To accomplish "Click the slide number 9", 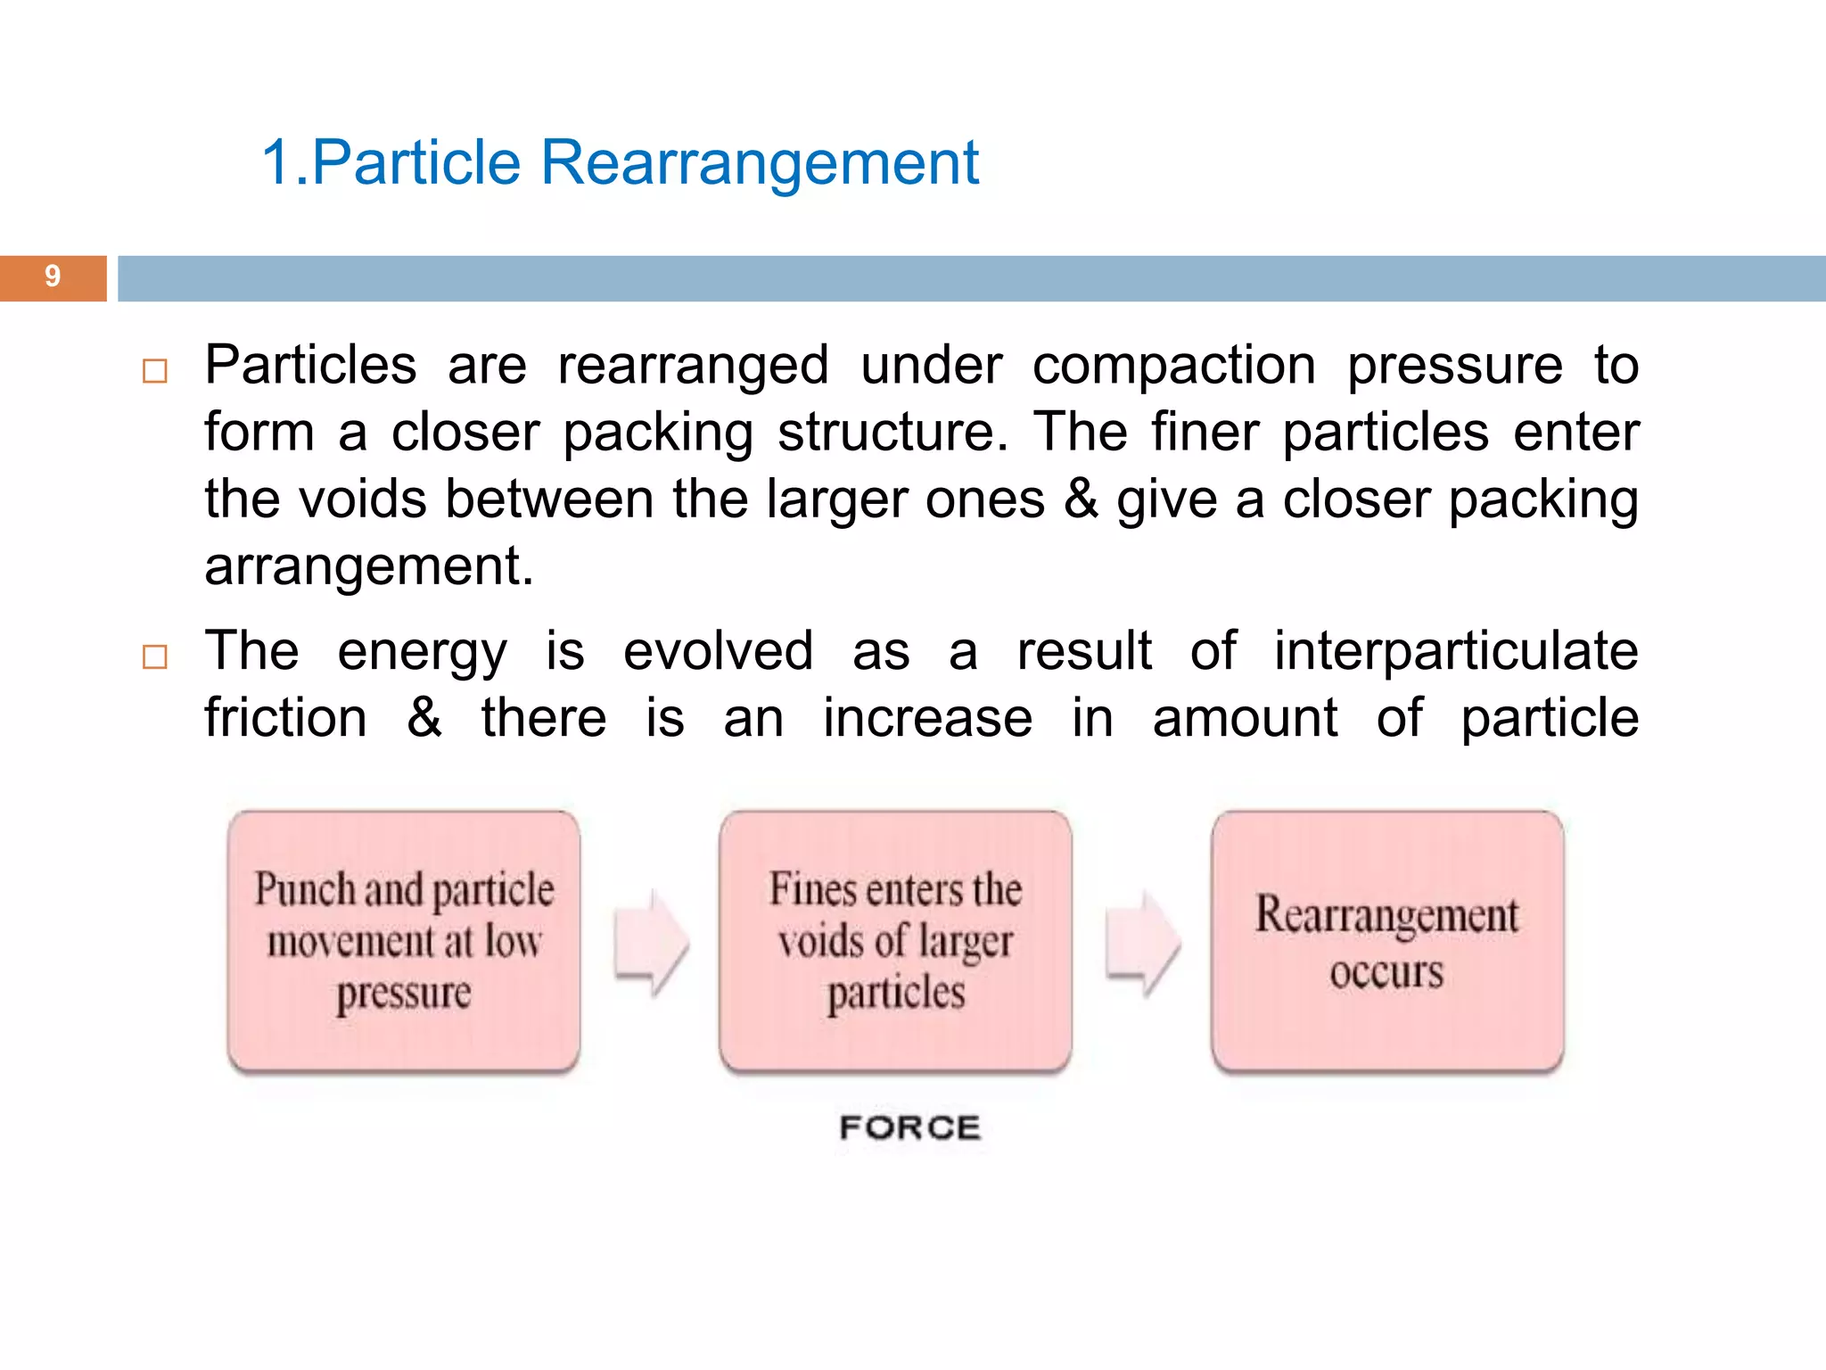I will point(53,276).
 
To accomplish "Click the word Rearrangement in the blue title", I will point(760,163).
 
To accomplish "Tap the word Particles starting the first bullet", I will point(310,366).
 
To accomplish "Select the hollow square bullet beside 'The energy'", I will point(155,657).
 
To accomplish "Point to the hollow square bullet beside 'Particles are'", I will point(155,371).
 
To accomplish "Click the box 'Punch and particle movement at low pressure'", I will point(404,941).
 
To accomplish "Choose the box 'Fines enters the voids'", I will point(895,941).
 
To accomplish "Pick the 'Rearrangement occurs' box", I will point(1387,941).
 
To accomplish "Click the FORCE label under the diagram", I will point(909,1128).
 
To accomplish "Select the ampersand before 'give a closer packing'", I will point(1081,499).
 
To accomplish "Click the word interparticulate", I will point(1455,651).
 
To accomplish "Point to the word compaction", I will point(1173,366).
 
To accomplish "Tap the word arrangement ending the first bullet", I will point(368,567).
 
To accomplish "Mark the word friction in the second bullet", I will point(285,718).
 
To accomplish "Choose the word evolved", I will point(718,651).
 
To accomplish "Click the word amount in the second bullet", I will point(1245,718).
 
